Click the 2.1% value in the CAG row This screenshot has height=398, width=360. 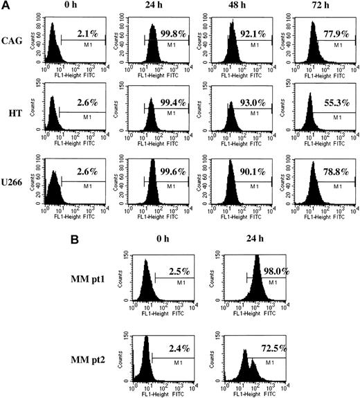pyautogui.click(x=79, y=32)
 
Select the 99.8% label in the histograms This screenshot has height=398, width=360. pyautogui.click(x=168, y=32)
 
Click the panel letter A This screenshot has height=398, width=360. pyautogui.click(x=6, y=6)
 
